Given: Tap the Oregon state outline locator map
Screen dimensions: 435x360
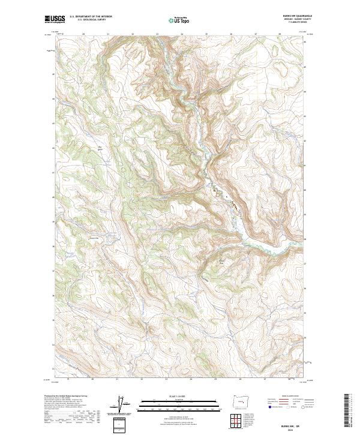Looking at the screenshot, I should click(x=238, y=401).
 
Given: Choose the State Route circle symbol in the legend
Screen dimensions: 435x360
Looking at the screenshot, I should click(x=304, y=407).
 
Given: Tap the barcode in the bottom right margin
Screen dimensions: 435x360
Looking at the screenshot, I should click(x=347, y=409).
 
